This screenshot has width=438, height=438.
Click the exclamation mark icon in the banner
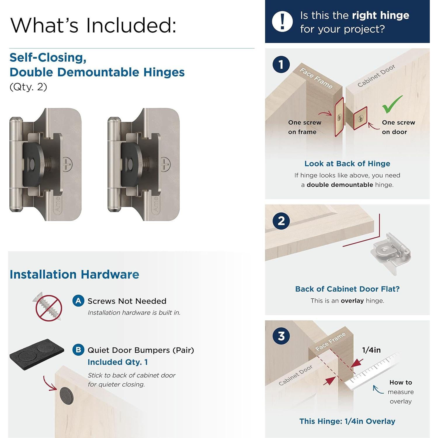point(282,22)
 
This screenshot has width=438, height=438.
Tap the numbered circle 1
point(281,65)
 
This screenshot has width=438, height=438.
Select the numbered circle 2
point(281,221)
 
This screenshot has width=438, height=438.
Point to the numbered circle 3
point(281,336)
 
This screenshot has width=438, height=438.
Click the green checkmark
point(392,104)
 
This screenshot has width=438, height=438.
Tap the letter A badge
point(78,301)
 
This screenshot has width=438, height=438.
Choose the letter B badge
point(78,350)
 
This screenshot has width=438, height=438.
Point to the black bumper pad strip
point(37,354)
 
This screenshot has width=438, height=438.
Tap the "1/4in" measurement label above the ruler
point(371,350)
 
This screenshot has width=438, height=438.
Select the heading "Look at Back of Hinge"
point(347,164)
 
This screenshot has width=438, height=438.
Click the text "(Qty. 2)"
point(28,87)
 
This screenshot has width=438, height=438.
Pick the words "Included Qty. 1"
point(118,362)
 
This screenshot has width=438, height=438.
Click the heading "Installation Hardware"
point(74,274)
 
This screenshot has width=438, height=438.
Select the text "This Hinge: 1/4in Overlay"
point(347,421)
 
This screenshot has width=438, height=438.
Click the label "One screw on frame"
point(305,127)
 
